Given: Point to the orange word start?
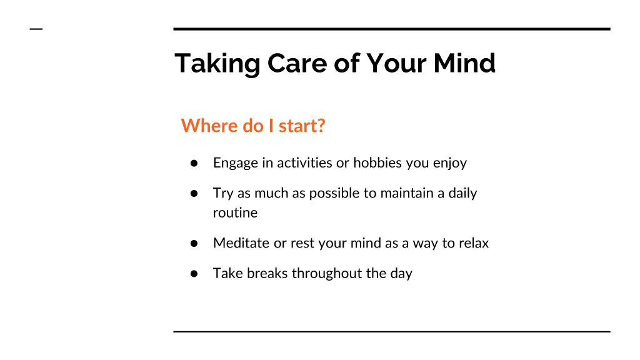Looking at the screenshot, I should (302, 126).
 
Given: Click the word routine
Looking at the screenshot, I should (235, 212).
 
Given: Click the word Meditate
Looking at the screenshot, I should (241, 243).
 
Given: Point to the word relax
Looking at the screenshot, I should (474, 243).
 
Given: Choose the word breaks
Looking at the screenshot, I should (267, 273).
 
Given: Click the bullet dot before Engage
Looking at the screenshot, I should (194, 163).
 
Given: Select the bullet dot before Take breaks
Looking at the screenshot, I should (194, 273).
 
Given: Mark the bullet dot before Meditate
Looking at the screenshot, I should (194, 243).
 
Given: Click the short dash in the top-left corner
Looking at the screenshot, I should (36, 29).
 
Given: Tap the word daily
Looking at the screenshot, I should (462, 193).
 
